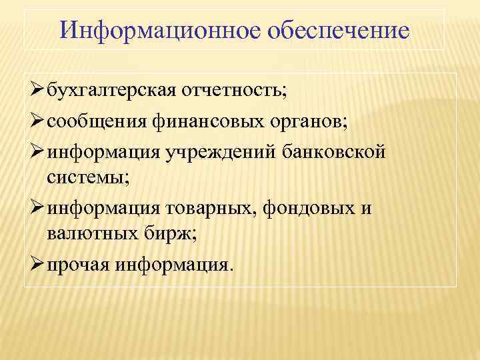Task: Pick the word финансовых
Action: (193, 122)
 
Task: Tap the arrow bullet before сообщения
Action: (36, 121)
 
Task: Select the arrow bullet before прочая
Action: (36, 265)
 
